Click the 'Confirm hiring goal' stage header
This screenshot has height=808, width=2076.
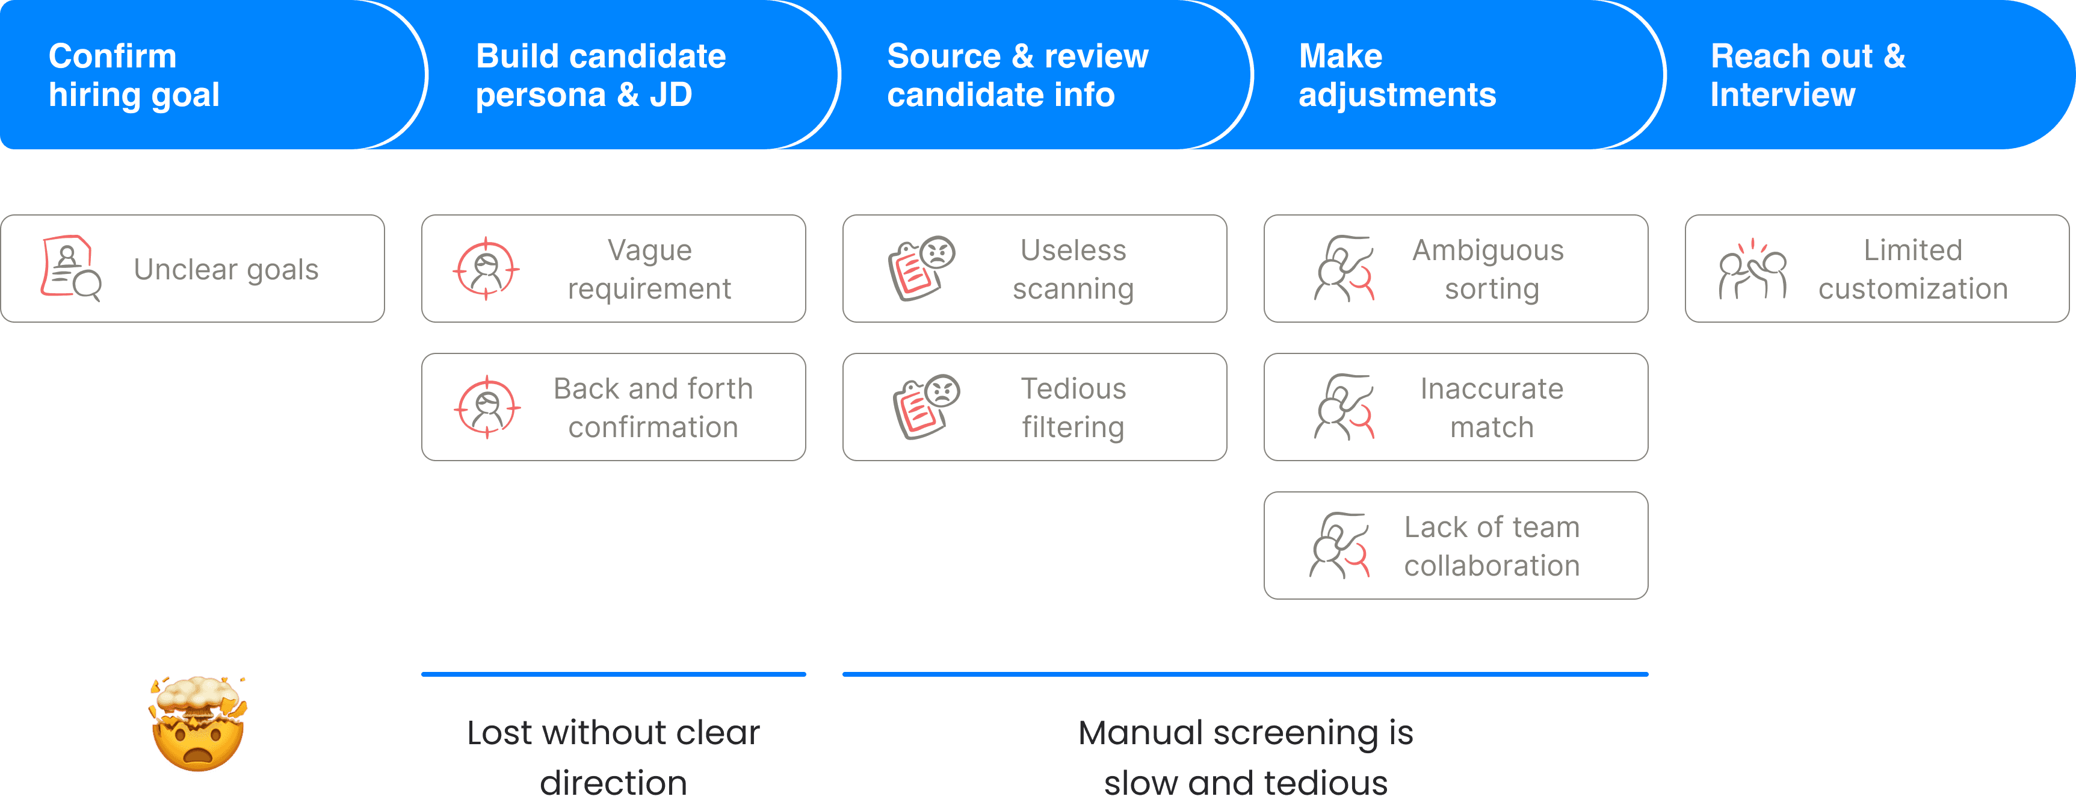[x=134, y=75]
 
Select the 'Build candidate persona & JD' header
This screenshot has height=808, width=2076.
[x=601, y=75]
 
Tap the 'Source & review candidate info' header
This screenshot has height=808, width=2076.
[x=1017, y=75]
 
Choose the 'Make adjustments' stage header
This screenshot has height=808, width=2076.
[x=1397, y=75]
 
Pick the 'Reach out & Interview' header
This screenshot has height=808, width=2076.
[x=1808, y=75]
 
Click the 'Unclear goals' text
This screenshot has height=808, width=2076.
[x=226, y=269]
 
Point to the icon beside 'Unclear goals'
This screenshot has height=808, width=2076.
[x=71, y=269]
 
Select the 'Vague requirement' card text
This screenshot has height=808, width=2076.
[x=649, y=269]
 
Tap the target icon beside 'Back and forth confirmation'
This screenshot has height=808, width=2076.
[x=487, y=407]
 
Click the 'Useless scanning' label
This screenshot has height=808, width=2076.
[x=1074, y=269]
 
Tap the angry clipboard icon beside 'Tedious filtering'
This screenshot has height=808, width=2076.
[x=926, y=407]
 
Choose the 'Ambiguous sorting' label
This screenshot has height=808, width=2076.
[x=1489, y=269]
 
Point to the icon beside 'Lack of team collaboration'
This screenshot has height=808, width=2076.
[x=1339, y=545]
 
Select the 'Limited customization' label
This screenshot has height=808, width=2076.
[x=1913, y=269]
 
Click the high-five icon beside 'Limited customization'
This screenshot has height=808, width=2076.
[x=1752, y=269]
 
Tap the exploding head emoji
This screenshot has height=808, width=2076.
[x=197, y=723]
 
